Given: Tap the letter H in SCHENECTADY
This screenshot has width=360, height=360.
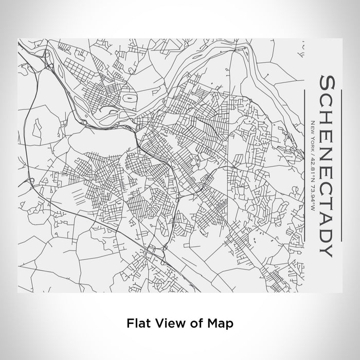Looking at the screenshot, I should pyautogui.click(x=326, y=116).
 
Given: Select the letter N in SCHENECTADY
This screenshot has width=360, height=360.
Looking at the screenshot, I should pyautogui.click(x=326, y=150).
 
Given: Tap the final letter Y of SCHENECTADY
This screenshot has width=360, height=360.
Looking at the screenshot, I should pyautogui.click(x=326, y=248).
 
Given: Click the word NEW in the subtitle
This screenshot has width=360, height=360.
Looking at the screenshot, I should pyautogui.click(x=312, y=125).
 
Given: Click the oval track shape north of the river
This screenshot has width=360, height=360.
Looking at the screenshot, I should pyautogui.click(x=128, y=97).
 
